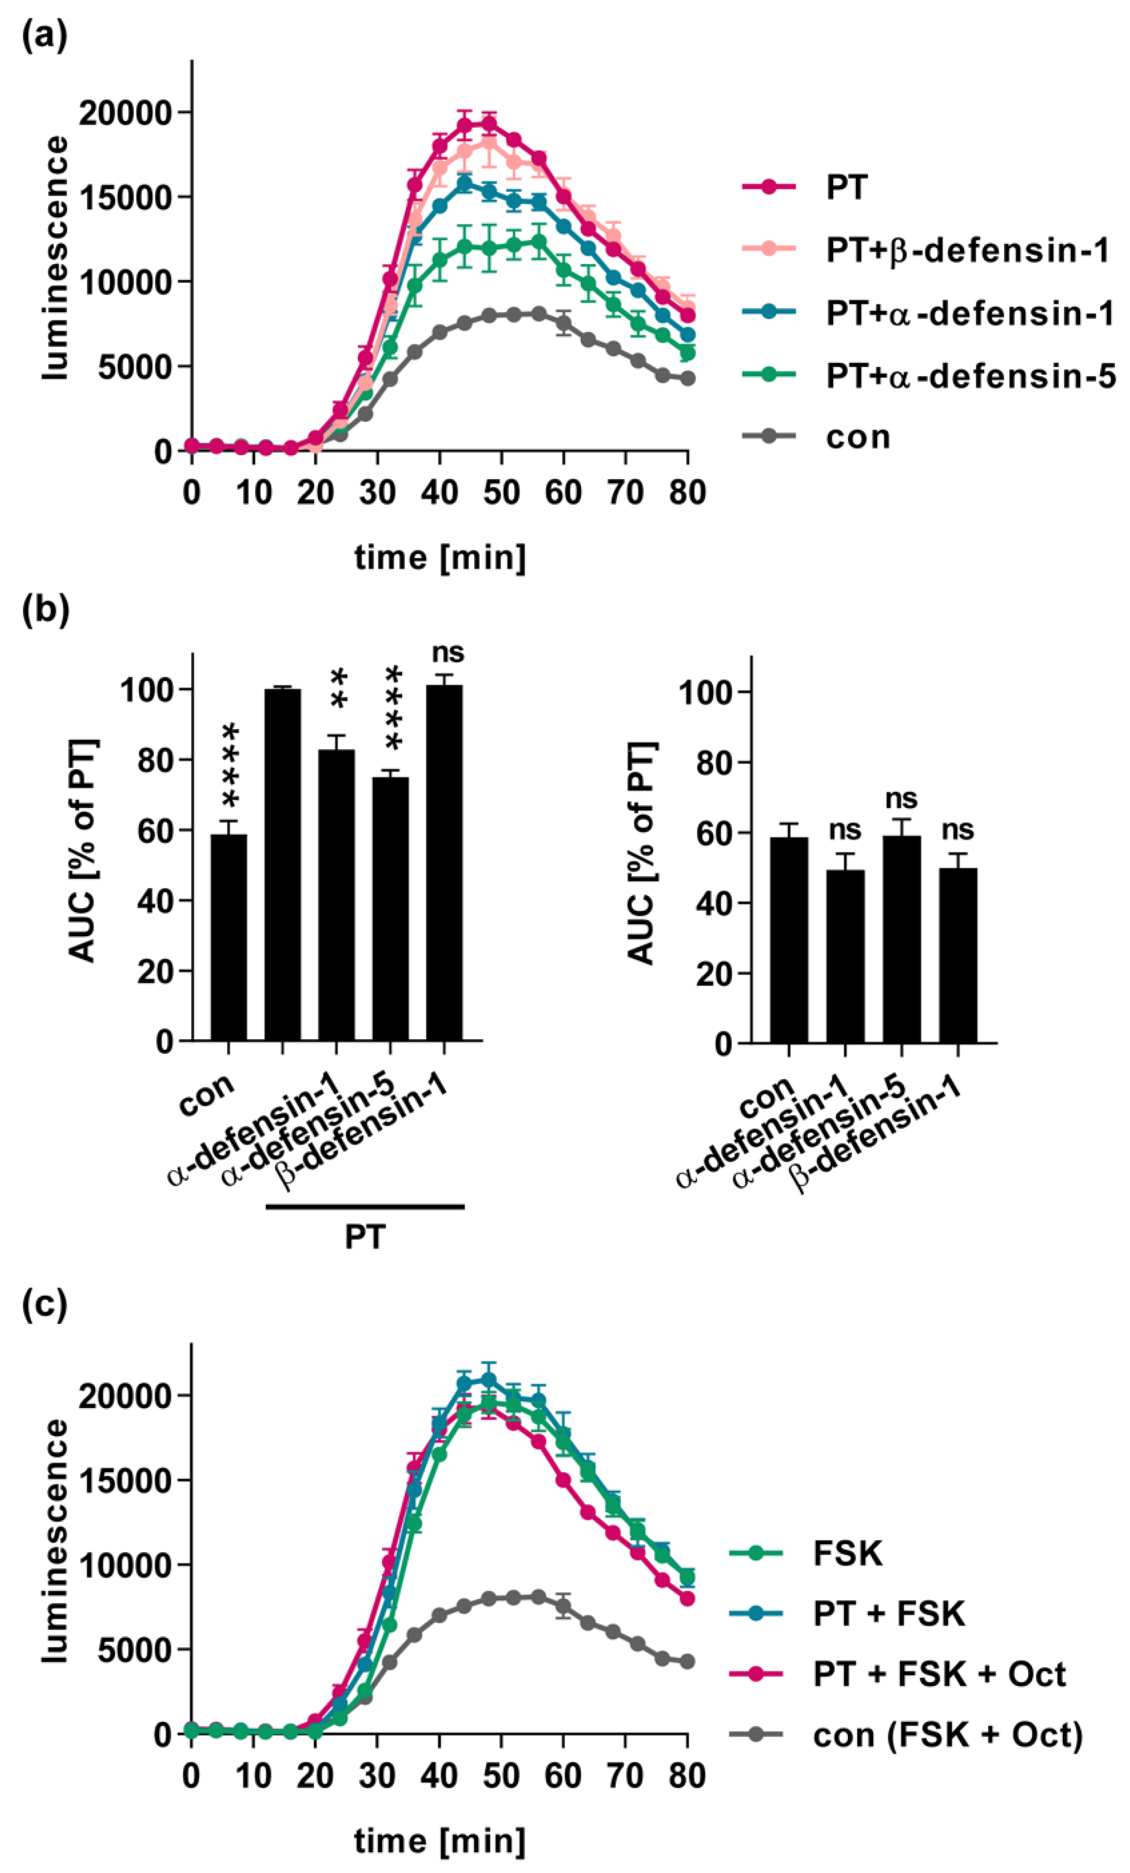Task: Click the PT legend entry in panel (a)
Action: (x=846, y=188)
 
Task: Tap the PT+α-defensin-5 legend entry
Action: (x=970, y=375)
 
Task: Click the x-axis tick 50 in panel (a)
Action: (x=502, y=492)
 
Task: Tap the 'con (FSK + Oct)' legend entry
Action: (x=947, y=1734)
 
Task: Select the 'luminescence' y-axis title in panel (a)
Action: (x=55, y=259)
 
